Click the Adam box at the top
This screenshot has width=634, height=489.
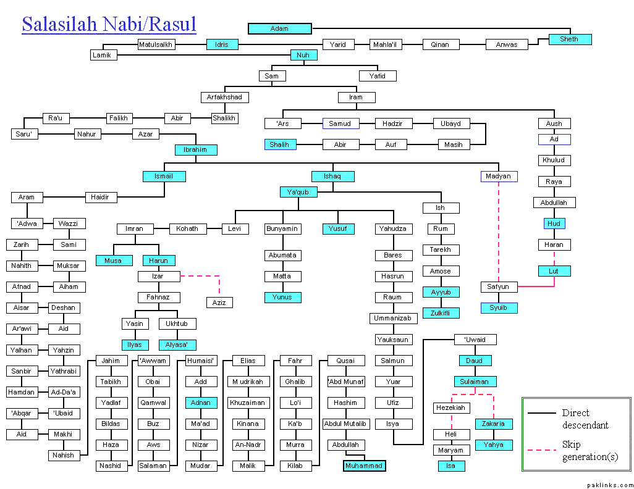(x=279, y=28)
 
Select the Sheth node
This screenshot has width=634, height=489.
(x=570, y=39)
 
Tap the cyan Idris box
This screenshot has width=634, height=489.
(x=222, y=44)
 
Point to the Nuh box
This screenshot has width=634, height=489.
(x=303, y=55)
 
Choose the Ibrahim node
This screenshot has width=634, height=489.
(x=195, y=149)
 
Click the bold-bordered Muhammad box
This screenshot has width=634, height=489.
(x=364, y=466)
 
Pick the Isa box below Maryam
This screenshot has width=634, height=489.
(x=450, y=466)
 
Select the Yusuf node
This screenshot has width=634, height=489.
(x=338, y=228)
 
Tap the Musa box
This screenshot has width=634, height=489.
(x=112, y=260)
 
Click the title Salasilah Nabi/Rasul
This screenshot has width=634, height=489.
(x=109, y=24)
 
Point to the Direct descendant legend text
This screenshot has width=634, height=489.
(x=585, y=419)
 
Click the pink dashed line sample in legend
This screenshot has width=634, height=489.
(x=542, y=450)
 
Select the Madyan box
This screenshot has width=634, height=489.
(x=499, y=176)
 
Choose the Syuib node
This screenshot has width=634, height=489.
(x=499, y=307)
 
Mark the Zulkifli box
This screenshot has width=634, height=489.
(x=441, y=313)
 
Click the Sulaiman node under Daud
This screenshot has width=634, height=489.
(x=475, y=381)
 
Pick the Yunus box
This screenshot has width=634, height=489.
(x=282, y=297)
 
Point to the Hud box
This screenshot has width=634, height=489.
(x=554, y=223)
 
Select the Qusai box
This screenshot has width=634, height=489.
(x=345, y=361)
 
